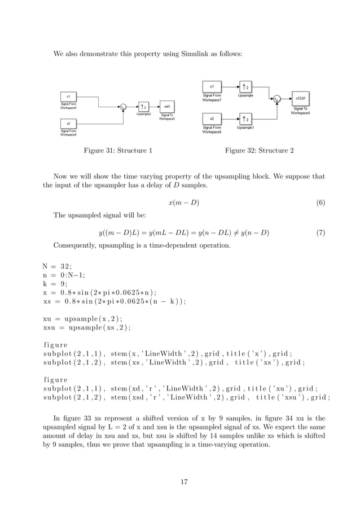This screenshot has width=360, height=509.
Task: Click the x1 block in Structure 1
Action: [x=68, y=96]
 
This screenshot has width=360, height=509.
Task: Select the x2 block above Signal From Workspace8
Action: [x=68, y=123]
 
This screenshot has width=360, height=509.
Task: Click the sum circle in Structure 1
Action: [x=122, y=107]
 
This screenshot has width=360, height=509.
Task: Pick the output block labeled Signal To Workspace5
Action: [x=166, y=107]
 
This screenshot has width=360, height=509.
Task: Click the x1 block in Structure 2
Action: [x=212, y=86]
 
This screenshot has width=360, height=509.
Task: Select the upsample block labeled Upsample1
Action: [x=245, y=119]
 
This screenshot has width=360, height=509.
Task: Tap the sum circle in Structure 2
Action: [x=276, y=99]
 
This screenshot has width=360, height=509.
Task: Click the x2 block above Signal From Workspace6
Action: [x=212, y=119]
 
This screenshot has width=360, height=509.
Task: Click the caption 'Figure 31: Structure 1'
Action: [x=117, y=151]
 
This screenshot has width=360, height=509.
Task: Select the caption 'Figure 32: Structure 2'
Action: [x=258, y=151]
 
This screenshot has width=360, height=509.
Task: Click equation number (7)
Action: [x=320, y=232]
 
